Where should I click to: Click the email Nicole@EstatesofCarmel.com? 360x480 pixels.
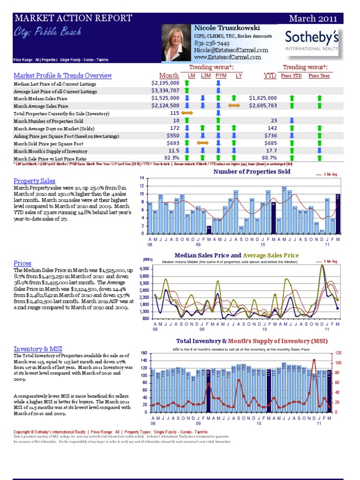[x=231, y=50]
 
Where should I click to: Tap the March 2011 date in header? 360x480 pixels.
[x=313, y=19]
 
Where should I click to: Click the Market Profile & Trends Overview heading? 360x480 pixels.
[x=63, y=75]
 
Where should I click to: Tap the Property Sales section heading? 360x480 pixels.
[x=35, y=181]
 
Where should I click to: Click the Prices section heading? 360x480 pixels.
[x=22, y=263]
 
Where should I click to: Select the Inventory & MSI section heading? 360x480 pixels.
[x=38, y=349]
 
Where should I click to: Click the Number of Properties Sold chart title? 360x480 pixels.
[x=252, y=172]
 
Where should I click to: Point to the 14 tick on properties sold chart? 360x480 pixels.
[x=142, y=179]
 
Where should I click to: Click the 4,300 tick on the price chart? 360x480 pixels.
[x=145, y=269]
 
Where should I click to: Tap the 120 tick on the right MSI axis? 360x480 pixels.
[x=337, y=353]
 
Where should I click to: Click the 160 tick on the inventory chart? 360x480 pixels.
[x=143, y=353]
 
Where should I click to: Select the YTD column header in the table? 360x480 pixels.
[x=270, y=75]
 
